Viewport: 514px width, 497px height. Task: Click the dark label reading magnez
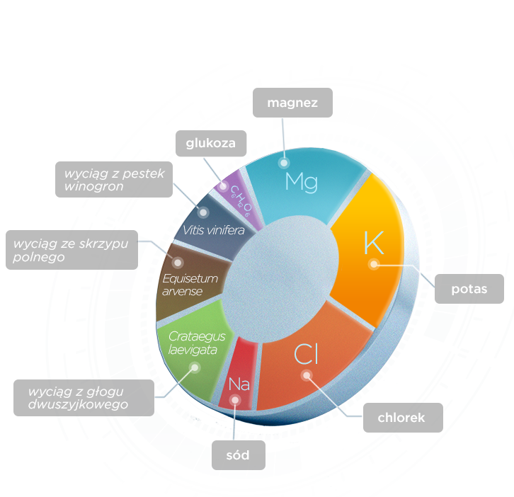(292, 103)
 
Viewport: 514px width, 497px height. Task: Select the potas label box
(469, 288)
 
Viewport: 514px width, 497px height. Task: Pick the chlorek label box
(401, 418)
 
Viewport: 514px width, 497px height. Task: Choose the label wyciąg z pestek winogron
(113, 180)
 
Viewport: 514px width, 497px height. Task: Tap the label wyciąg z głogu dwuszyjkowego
(84, 398)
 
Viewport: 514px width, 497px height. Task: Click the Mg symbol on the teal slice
(301, 182)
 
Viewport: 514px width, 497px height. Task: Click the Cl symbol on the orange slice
(303, 353)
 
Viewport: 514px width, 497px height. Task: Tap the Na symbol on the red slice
(239, 384)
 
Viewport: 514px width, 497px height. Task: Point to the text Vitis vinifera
(213, 230)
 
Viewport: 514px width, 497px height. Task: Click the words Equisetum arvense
(189, 285)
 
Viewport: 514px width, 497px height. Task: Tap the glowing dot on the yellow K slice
(374, 265)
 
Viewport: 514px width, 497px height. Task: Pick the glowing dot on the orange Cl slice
(307, 376)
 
